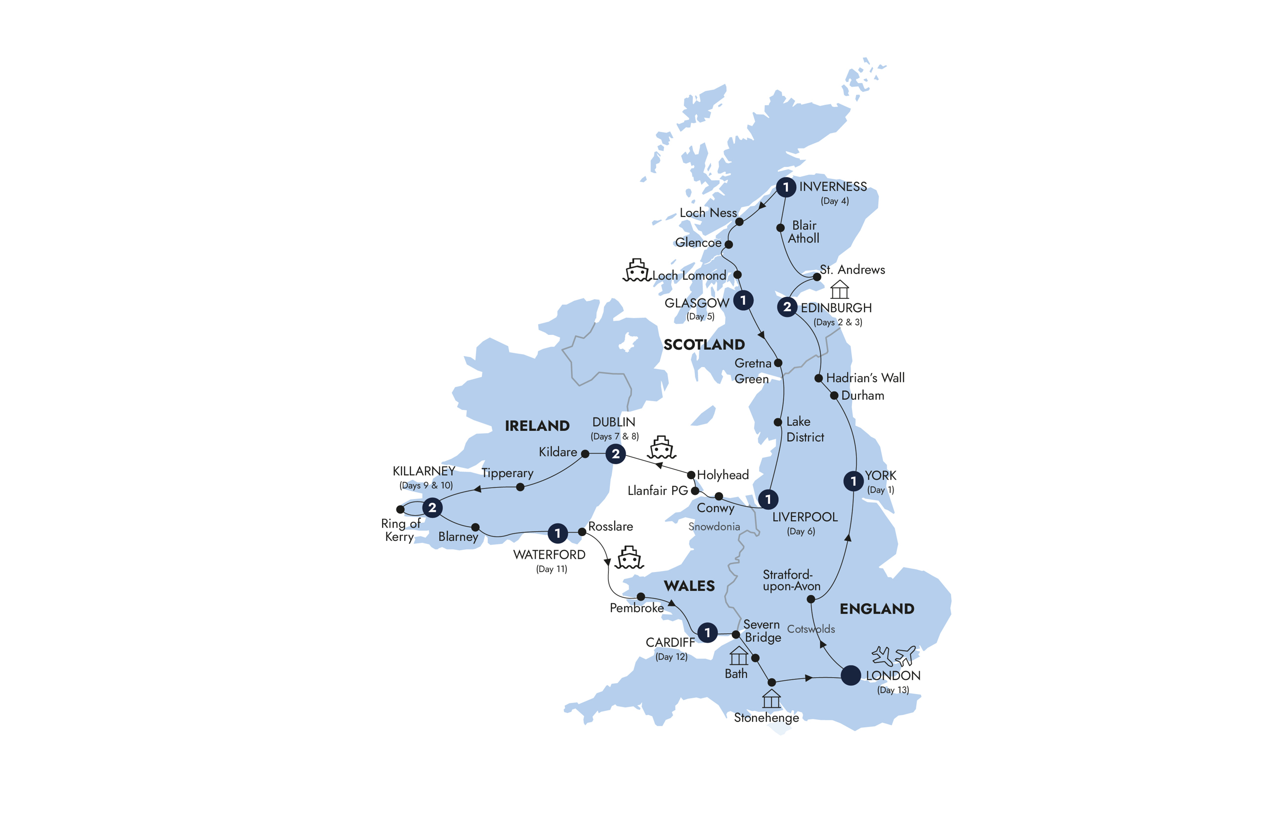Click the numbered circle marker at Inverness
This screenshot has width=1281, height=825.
(785, 187)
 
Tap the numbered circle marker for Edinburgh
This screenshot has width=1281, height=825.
(786, 307)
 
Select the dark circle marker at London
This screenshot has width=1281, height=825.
(850, 675)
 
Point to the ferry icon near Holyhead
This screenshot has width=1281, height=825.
(661, 448)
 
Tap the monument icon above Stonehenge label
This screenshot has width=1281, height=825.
(771, 699)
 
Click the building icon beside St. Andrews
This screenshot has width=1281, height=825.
(839, 290)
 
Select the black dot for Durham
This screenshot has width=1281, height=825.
(834, 396)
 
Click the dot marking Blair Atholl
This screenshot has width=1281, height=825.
(780, 228)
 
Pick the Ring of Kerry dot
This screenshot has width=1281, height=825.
(400, 509)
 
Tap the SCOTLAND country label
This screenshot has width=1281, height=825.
(704, 344)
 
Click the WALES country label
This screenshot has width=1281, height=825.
(689, 586)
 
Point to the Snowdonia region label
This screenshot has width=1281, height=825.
(714, 527)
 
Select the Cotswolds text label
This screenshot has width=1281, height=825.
(811, 629)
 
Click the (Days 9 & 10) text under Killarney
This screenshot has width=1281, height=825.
(426, 485)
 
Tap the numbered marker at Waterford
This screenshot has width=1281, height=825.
(557, 533)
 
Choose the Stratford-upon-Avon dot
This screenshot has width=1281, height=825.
(811, 599)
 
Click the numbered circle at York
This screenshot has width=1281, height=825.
(853, 481)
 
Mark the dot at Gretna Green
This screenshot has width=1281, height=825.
(778, 363)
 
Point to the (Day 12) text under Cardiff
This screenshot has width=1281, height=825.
(671, 657)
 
